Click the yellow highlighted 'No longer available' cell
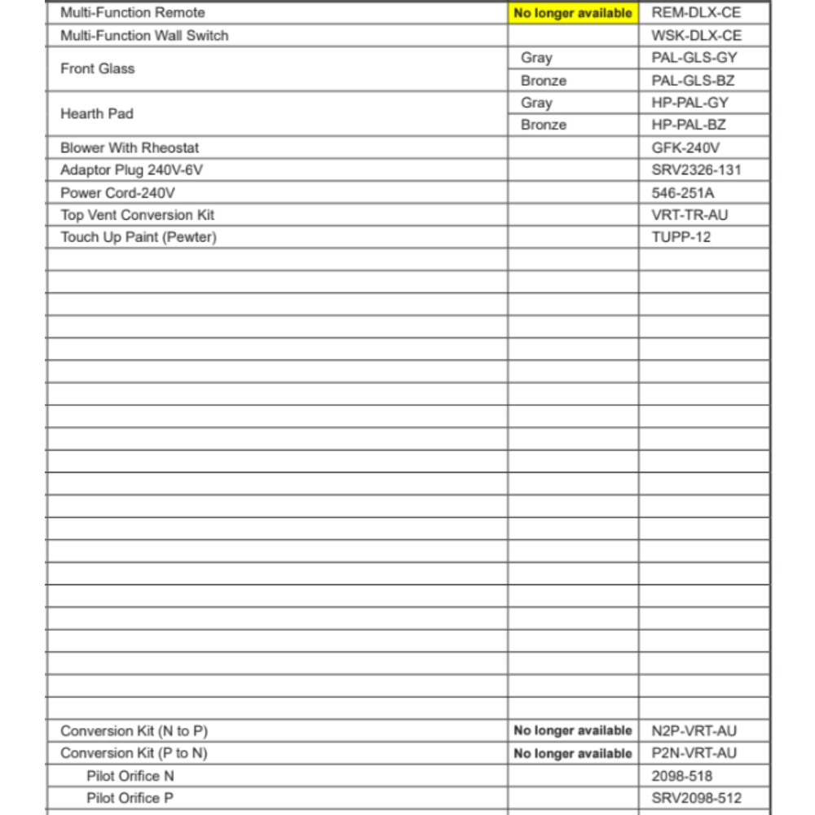pyautogui.click(x=573, y=13)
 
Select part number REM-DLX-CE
pyautogui.click(x=697, y=13)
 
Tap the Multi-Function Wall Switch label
pyautogui.click(x=144, y=36)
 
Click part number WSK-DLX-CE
pyautogui.click(x=697, y=36)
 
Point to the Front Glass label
pyautogui.click(x=98, y=68)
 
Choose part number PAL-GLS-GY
pyautogui.click(x=694, y=58)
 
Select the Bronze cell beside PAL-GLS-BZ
pyautogui.click(x=544, y=81)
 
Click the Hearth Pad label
pyautogui.click(x=96, y=113)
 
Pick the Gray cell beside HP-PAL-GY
pyautogui.click(x=537, y=103)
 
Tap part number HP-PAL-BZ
pyautogui.click(x=689, y=125)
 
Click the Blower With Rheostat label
pyautogui.click(x=130, y=148)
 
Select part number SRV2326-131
pyautogui.click(x=697, y=170)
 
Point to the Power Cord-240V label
pyautogui.click(x=118, y=193)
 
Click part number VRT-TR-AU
pyautogui.click(x=690, y=215)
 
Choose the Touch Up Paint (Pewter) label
pyautogui.click(x=139, y=237)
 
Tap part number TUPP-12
pyautogui.click(x=681, y=237)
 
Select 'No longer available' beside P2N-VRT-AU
pyautogui.click(x=573, y=753)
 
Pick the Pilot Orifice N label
pyautogui.click(x=130, y=776)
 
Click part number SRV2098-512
pyautogui.click(x=697, y=798)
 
